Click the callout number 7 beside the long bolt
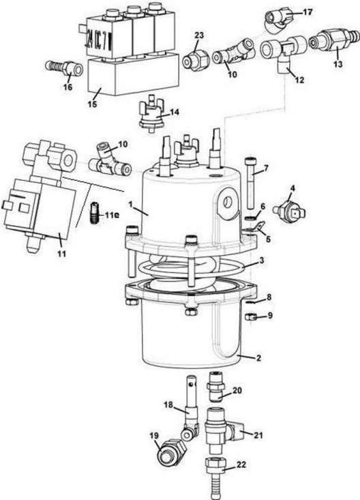pos(266,168)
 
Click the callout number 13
pos(338,64)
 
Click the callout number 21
pos(258,435)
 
